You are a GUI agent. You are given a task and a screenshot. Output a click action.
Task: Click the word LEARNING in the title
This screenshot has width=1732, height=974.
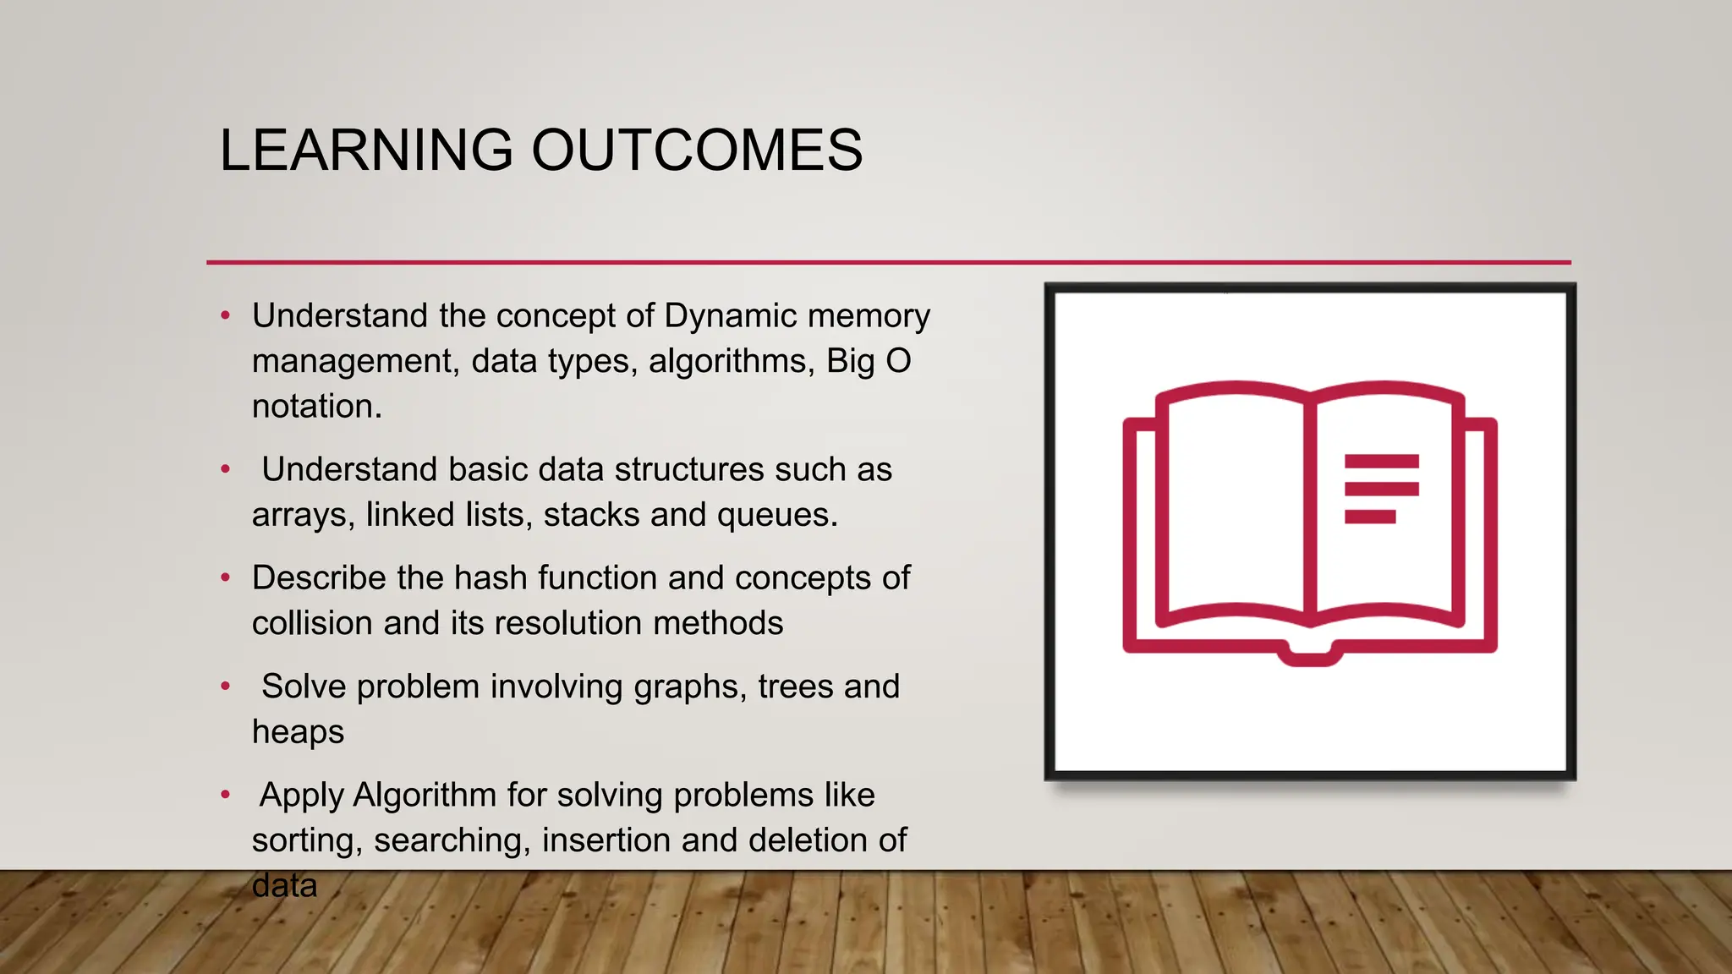click(x=365, y=150)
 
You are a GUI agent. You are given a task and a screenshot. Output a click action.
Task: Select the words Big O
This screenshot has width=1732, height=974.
click(x=869, y=361)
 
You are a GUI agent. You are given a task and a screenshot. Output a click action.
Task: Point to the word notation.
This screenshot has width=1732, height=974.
click(x=317, y=407)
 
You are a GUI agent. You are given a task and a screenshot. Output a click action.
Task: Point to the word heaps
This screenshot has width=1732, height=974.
click(x=298, y=732)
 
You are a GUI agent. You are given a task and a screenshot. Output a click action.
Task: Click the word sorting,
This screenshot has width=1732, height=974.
click(x=307, y=840)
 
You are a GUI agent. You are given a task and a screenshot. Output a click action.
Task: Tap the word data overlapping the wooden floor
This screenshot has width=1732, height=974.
click(x=284, y=886)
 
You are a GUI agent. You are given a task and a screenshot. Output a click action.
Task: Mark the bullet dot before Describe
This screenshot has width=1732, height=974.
click(x=225, y=577)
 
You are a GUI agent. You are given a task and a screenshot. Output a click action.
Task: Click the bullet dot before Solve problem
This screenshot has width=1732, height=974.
click(x=225, y=686)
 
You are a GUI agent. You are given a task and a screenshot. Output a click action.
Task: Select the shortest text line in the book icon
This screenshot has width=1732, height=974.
click(x=1369, y=517)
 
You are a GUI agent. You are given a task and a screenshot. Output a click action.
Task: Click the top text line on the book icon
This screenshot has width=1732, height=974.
click(x=1381, y=461)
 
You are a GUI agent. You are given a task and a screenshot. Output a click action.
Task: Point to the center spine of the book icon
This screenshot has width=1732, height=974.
click(x=1310, y=507)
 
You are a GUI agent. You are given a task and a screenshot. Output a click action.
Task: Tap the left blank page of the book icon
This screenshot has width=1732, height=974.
click(x=1235, y=507)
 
